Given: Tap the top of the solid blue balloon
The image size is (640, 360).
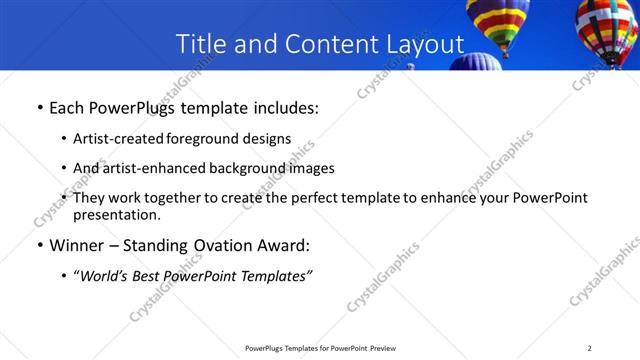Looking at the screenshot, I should point(475,60).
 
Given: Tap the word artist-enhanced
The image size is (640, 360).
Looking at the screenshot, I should point(150,168).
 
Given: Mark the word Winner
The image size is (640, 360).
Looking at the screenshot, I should point(78,245).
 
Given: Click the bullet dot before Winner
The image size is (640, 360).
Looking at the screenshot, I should point(39,246).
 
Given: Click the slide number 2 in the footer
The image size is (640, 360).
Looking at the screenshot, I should point(589,348).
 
